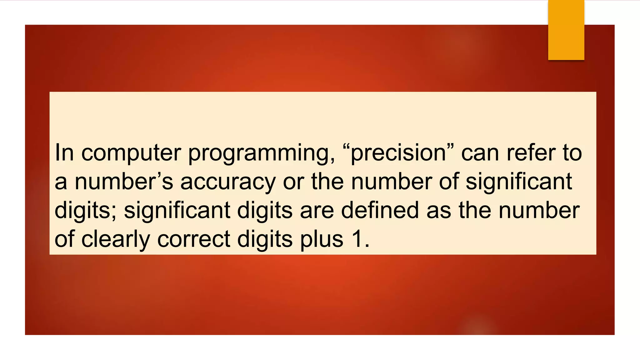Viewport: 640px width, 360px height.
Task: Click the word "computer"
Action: click(131, 153)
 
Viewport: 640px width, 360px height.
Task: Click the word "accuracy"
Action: click(228, 182)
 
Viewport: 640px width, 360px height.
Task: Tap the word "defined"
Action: click(380, 210)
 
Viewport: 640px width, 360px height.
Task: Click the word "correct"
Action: click(194, 239)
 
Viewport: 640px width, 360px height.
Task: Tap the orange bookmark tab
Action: click(566, 30)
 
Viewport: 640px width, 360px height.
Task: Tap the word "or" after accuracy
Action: click(293, 182)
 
